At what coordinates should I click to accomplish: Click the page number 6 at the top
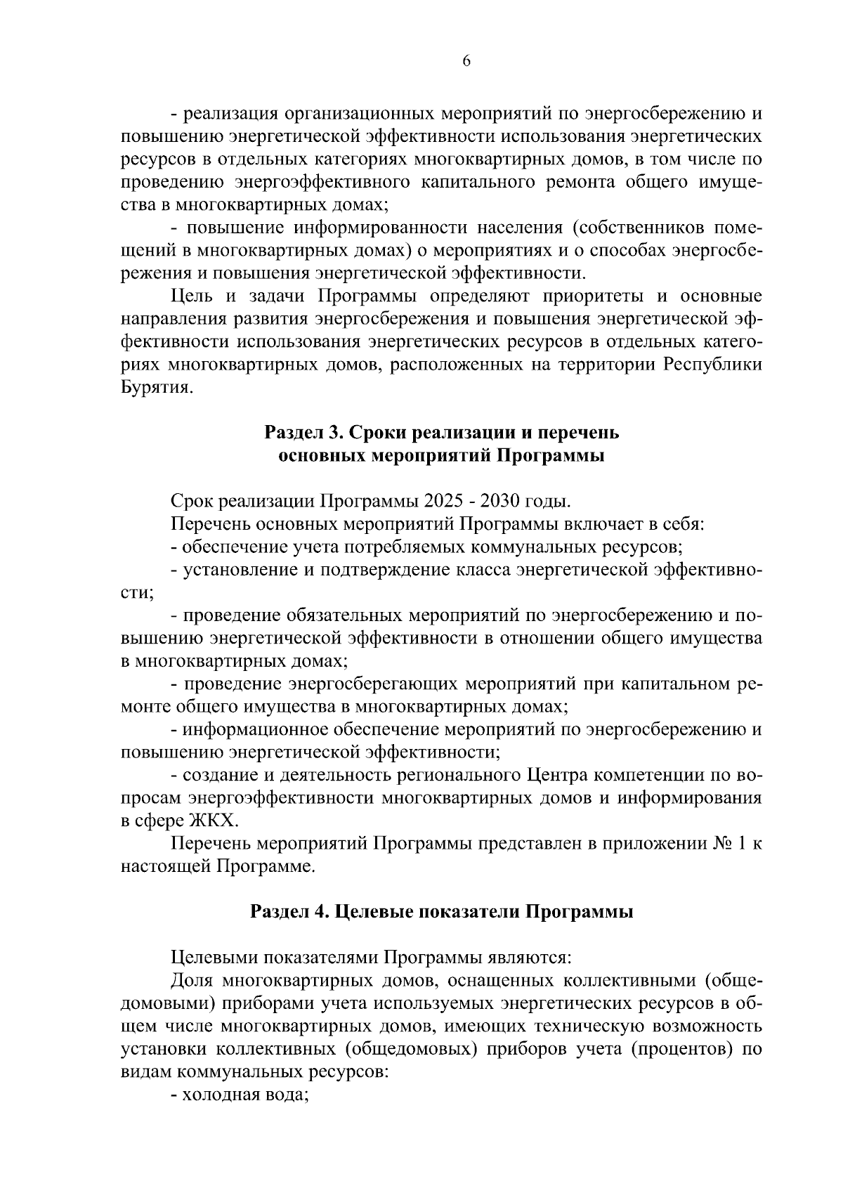(466, 61)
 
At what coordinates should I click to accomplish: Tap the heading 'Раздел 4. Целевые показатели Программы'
(442, 912)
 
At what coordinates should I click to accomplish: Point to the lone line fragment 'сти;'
(136, 592)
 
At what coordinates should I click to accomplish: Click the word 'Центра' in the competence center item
(558, 776)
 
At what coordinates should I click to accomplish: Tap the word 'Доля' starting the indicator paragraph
(192, 981)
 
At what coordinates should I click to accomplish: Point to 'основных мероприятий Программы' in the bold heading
(442, 456)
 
